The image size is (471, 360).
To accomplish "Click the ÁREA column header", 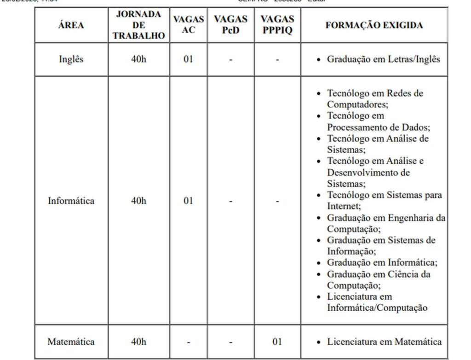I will pos(71,25).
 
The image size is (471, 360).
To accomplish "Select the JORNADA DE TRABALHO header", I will pos(139,25).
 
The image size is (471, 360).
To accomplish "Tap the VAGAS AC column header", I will pos(189,25).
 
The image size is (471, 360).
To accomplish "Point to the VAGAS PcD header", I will pos(230,25).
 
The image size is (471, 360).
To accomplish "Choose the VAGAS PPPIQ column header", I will pos(277,25).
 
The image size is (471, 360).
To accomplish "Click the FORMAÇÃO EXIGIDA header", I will pos(374,25).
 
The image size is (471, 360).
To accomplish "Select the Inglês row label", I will pos(71,59).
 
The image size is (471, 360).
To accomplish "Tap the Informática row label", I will pos(71,201).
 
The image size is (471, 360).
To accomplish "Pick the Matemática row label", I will pos(71,342).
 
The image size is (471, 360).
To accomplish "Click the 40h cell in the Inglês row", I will pos(139,59).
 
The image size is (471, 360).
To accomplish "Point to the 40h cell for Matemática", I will pos(139,342).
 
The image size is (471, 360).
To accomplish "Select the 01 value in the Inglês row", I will pos(189,59).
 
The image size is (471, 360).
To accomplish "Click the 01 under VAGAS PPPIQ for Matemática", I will pos(277,342).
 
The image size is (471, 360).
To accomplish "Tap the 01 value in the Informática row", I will pos(189,201).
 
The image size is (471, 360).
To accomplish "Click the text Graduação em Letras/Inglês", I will pos(384,59).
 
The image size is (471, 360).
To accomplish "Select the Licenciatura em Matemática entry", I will pos(384,342).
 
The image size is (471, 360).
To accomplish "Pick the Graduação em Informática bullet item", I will pos(382,262).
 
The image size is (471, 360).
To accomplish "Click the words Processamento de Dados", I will pos(378,127).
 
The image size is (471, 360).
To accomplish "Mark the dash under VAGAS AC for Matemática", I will pos(189,342).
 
